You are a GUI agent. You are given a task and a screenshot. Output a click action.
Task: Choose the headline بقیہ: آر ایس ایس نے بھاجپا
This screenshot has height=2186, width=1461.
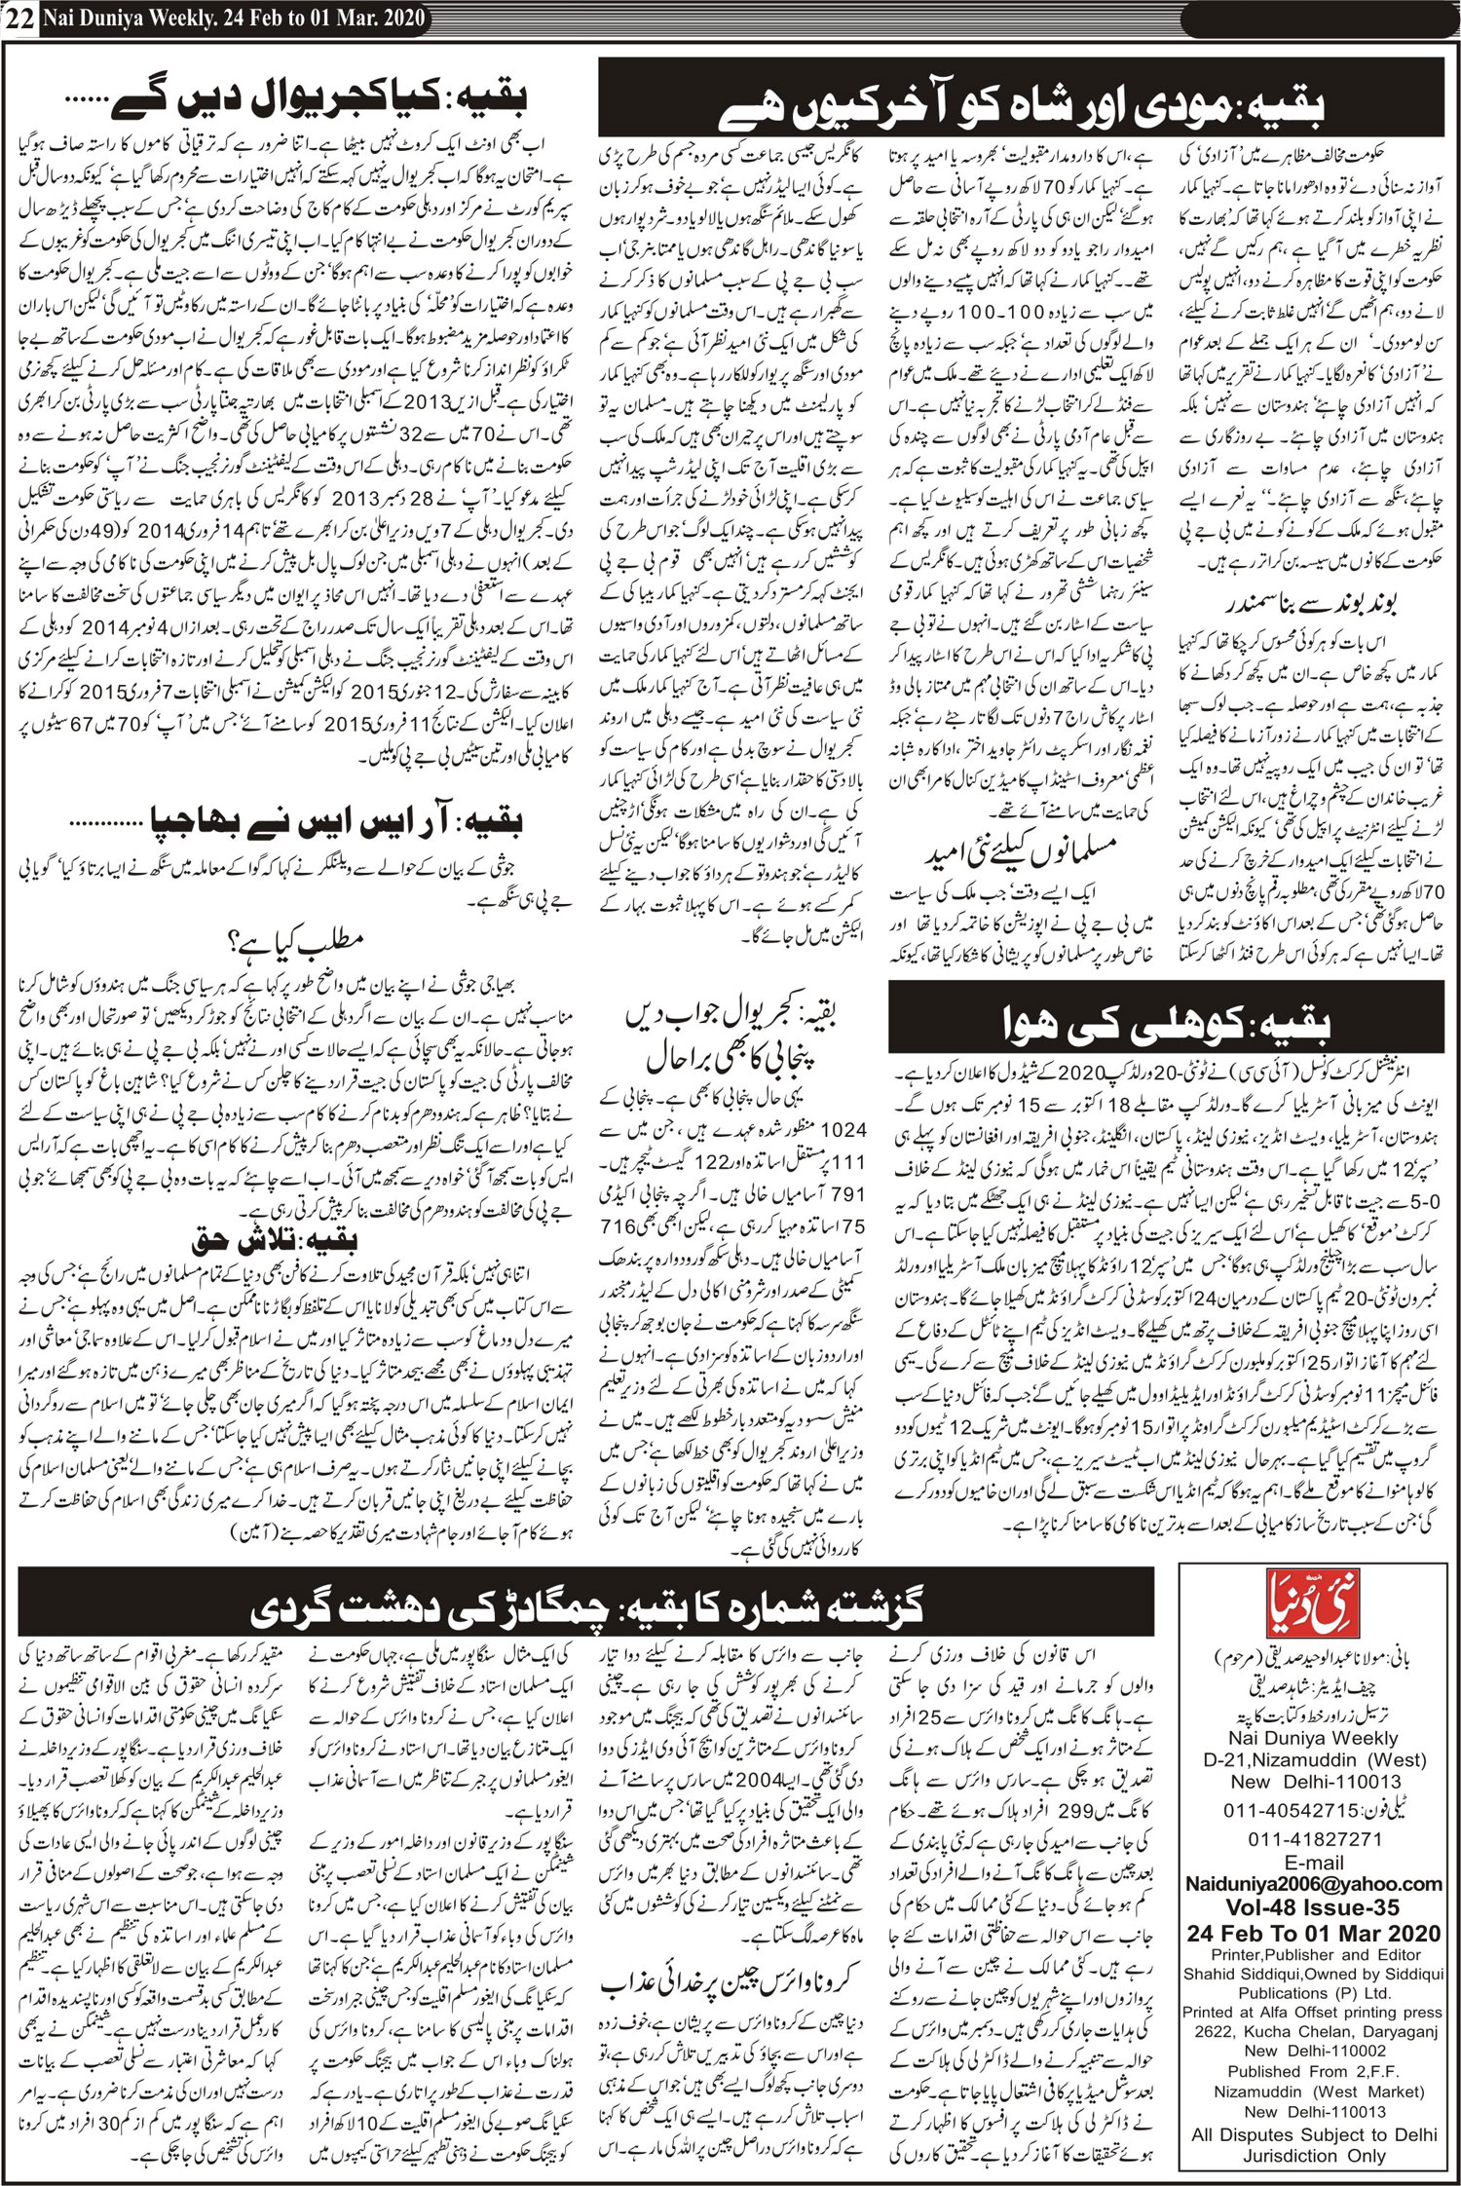coord(337,822)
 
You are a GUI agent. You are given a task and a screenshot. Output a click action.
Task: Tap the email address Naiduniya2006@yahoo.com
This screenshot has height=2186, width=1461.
coord(1313,1884)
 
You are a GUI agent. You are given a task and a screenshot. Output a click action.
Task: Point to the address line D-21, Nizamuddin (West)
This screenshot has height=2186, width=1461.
coord(1314,1760)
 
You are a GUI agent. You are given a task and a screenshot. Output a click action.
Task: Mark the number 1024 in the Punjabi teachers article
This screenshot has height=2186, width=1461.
coord(843,1129)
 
